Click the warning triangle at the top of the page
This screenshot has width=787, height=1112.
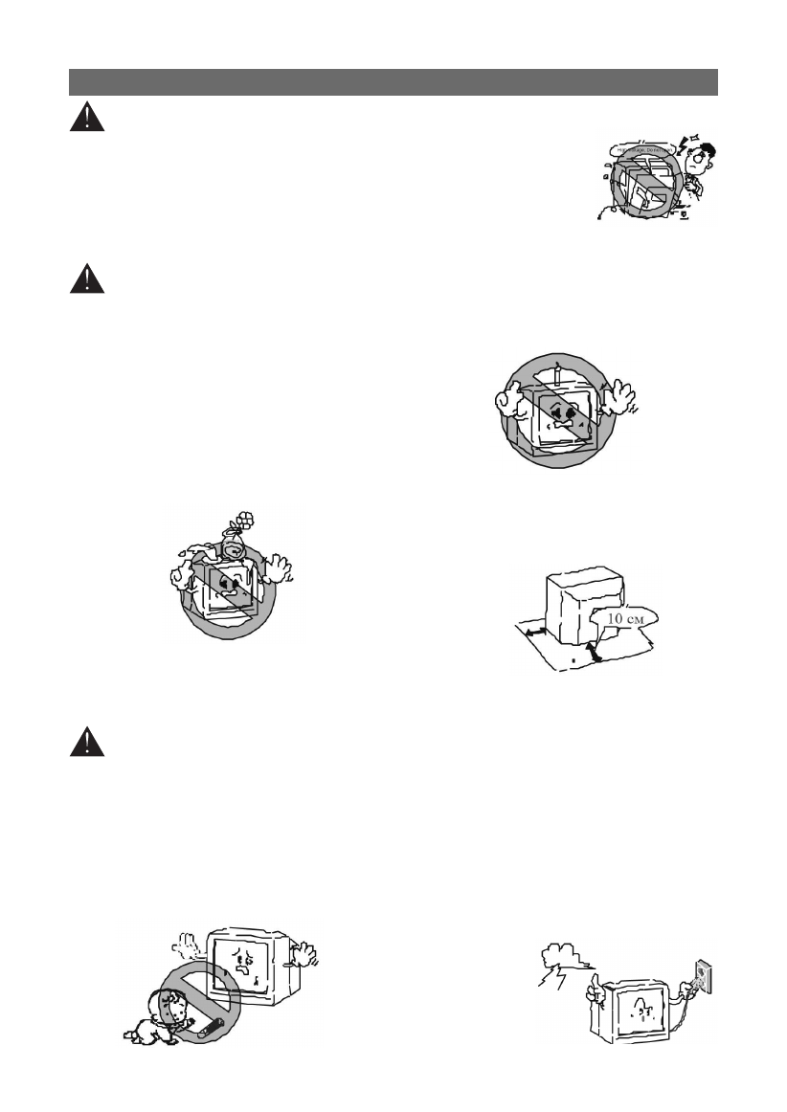click(x=86, y=117)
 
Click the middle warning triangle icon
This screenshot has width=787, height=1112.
click(x=86, y=278)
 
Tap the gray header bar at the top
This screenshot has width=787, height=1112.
click(x=393, y=81)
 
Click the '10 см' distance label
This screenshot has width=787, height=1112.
click(x=623, y=618)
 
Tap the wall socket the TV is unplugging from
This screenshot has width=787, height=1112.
click(x=699, y=974)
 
